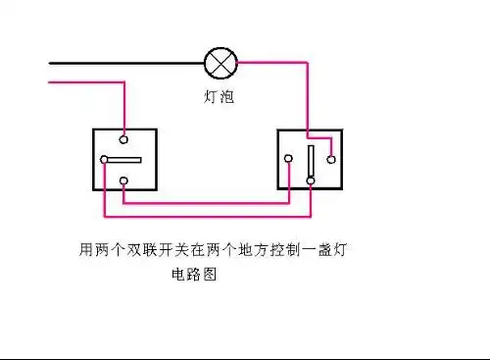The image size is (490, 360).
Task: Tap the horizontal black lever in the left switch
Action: pos(124,160)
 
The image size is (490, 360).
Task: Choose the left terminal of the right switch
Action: pos(288,159)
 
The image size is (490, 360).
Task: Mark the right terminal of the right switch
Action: pos(332,158)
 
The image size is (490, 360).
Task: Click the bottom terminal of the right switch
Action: pos(311,180)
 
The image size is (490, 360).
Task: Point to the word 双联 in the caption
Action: pos(142,251)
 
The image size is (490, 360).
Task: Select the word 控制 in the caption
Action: pos(285,251)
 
